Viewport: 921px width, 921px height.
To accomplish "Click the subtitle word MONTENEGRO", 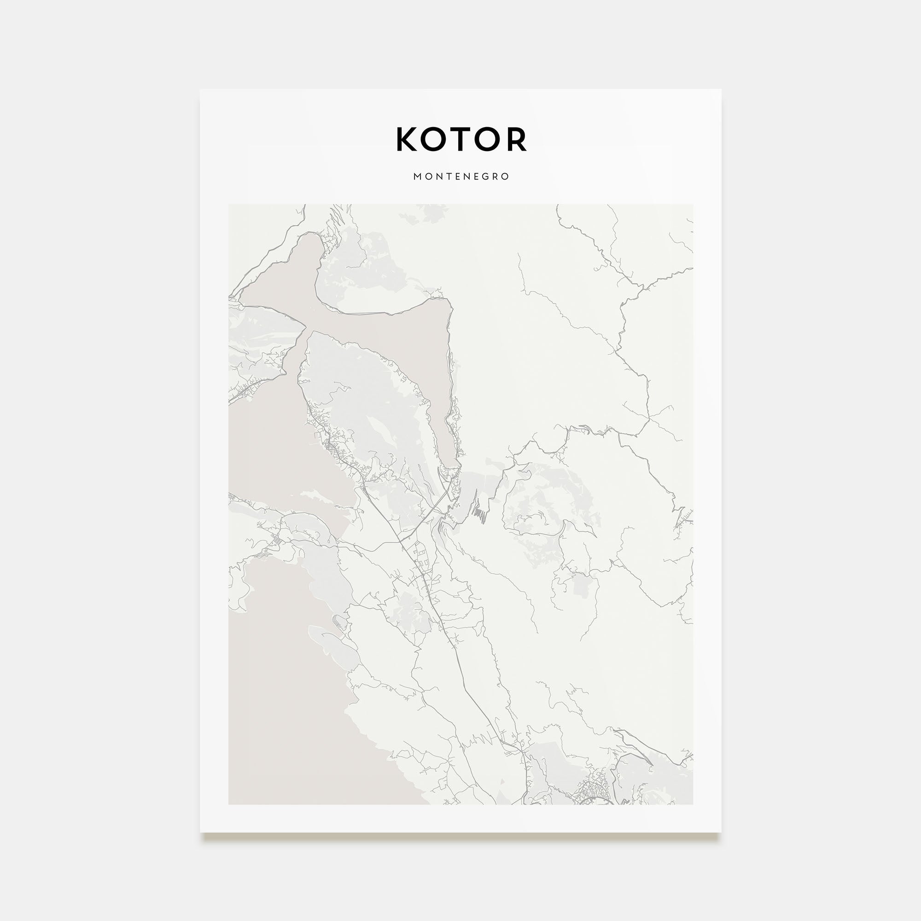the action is point(461,176).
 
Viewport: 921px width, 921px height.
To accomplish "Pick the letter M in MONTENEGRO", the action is point(417,176).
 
